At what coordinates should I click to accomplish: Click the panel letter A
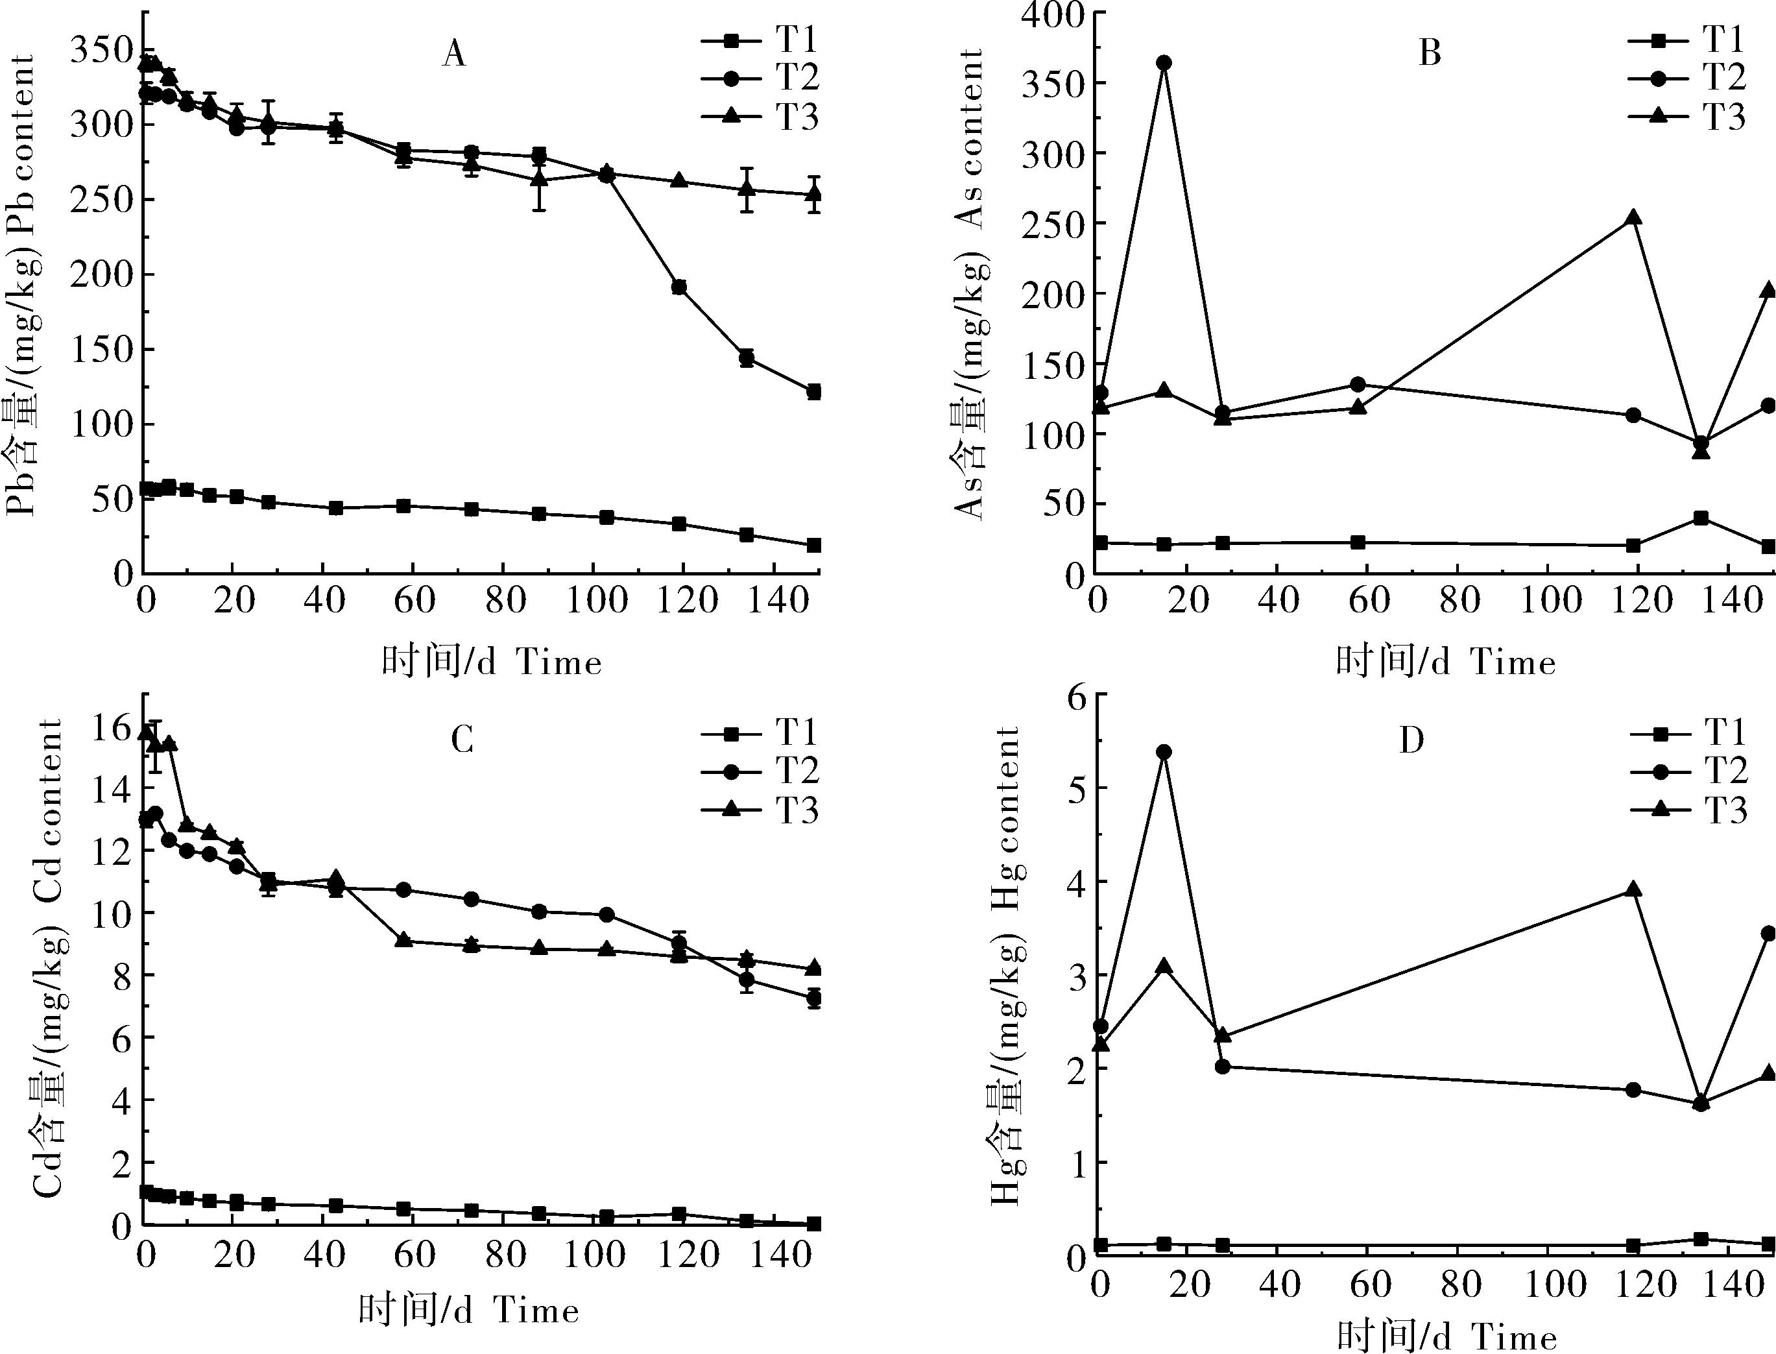tap(455, 54)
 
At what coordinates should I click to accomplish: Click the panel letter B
tap(1429, 54)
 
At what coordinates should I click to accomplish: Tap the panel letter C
tap(461, 740)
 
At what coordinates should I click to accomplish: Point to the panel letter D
tap(1411, 740)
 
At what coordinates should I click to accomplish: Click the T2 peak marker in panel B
tap(1164, 63)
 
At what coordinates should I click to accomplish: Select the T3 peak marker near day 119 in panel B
tap(1633, 217)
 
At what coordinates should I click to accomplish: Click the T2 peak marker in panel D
tap(1164, 752)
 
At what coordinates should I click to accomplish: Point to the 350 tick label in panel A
tap(102, 51)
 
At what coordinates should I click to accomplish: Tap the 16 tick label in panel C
tap(110, 727)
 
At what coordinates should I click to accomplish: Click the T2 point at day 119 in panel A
tap(678, 287)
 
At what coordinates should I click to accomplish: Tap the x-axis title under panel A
tap(492, 662)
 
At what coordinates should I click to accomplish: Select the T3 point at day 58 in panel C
tap(405, 939)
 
